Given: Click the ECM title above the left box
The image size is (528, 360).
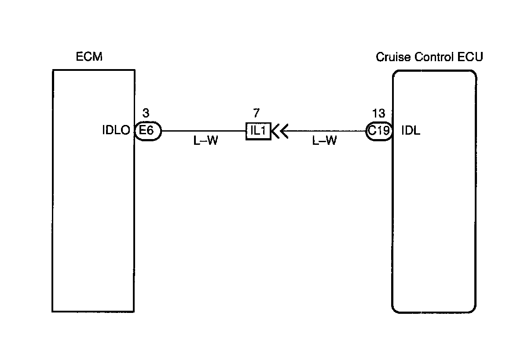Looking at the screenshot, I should (x=89, y=57).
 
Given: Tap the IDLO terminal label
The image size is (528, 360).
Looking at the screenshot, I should (x=116, y=131).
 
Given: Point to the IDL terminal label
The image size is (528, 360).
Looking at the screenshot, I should (x=411, y=131).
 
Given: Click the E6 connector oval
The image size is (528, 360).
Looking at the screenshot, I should (x=148, y=131).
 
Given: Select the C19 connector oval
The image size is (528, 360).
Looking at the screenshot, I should (x=379, y=131).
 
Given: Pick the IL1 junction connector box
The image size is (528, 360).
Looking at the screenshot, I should (x=258, y=131).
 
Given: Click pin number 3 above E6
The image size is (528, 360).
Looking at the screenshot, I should (x=146, y=113).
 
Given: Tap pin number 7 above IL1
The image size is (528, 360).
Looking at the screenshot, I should (x=256, y=113).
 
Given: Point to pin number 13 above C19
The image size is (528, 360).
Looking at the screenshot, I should (x=378, y=114).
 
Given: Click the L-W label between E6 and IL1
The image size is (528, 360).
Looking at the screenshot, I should (x=206, y=142).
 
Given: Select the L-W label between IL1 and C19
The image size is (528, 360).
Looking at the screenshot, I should (x=324, y=142).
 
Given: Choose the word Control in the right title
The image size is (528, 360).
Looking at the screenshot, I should (x=431, y=57).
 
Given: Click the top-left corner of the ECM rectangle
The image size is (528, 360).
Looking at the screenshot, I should (x=53, y=70).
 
